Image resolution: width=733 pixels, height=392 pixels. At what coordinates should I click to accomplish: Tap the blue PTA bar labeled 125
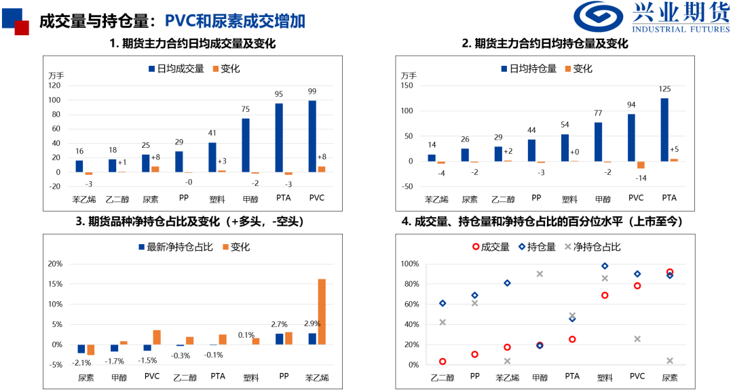(664, 130)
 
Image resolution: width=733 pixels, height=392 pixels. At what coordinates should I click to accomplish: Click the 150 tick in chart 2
(408, 85)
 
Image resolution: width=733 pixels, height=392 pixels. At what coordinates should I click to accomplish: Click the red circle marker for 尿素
(670, 272)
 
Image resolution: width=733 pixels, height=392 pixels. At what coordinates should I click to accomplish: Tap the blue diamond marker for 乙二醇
(443, 303)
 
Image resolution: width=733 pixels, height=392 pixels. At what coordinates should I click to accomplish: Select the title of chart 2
(544, 44)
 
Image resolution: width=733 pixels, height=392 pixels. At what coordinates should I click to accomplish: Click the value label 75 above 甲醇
(246, 109)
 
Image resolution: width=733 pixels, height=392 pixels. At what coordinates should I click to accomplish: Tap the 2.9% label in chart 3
(312, 325)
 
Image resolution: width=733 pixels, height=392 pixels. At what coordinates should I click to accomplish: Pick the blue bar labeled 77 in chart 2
(598, 142)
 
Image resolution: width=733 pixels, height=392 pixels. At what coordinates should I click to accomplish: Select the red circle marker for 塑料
(605, 295)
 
